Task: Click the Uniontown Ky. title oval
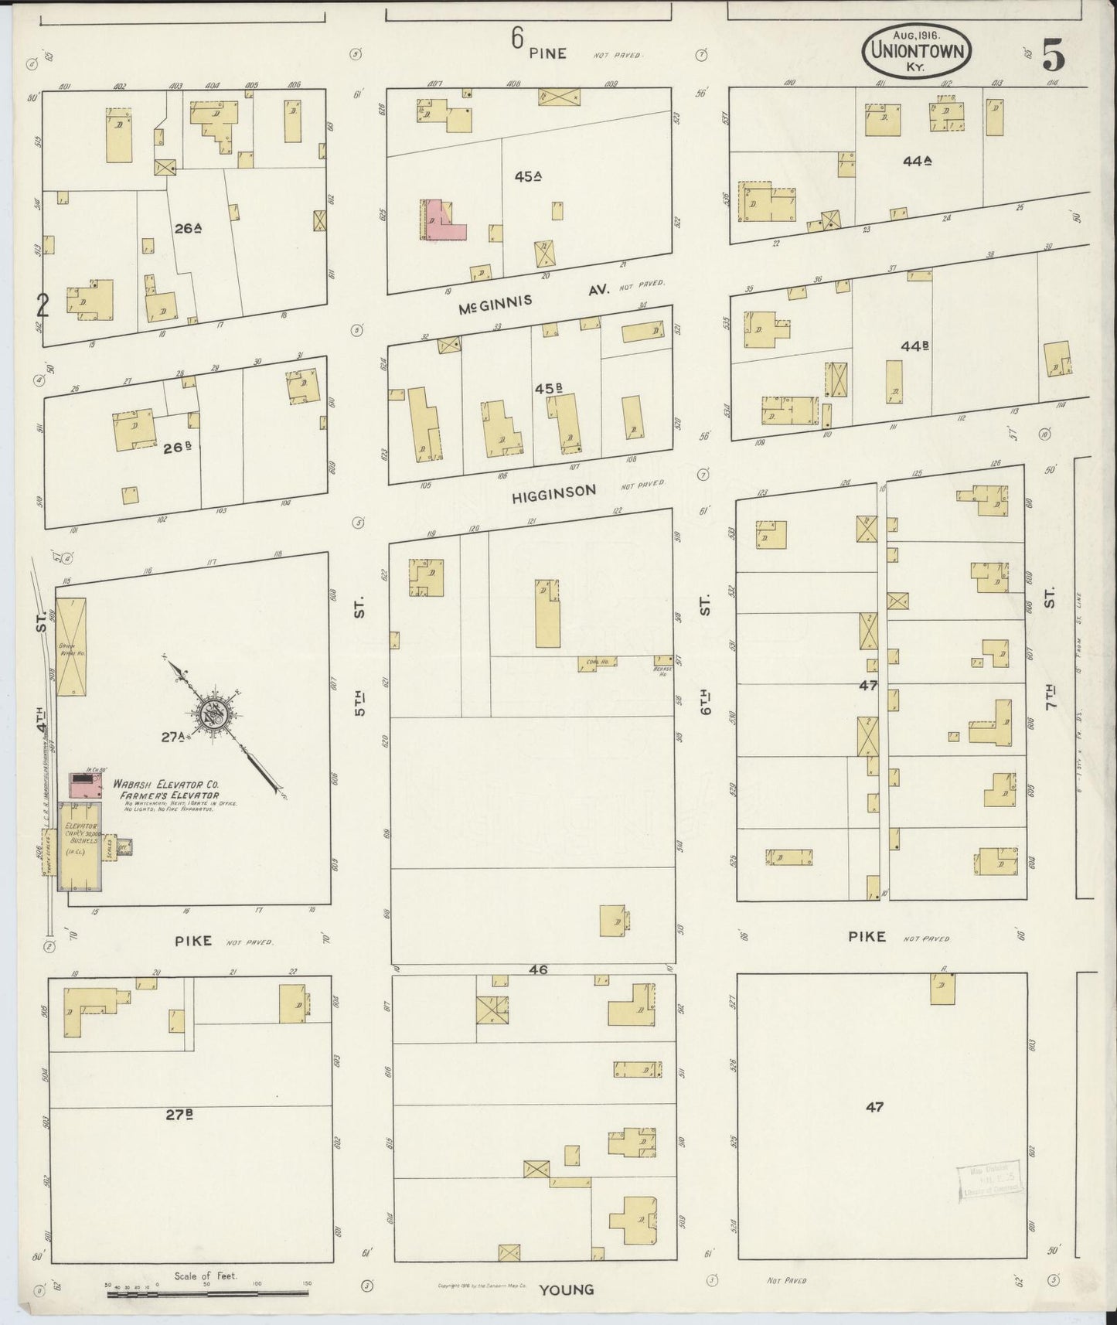(917, 50)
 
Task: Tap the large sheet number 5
(1053, 55)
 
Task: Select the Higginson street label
(554, 491)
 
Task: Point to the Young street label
(567, 1289)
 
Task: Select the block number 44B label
(914, 346)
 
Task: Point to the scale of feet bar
(209, 1291)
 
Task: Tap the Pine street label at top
(548, 53)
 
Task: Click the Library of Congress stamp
(990, 1182)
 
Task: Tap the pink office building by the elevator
(86, 784)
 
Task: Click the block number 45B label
(548, 388)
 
